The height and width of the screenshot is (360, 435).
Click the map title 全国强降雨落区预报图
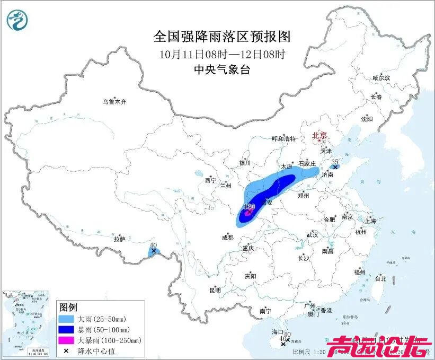(222, 37)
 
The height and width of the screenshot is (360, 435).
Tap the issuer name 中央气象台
(222, 69)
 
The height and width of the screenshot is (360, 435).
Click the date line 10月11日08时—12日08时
(222, 54)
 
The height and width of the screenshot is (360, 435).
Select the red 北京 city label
(321, 135)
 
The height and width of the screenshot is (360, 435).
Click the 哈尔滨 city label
(380, 78)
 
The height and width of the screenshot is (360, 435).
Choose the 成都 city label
(228, 238)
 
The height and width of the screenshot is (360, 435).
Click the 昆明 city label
(215, 290)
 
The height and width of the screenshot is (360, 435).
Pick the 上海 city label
(370, 221)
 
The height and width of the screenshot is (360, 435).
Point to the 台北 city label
(380, 278)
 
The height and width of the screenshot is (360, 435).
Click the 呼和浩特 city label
(283, 139)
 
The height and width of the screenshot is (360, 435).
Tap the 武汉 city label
(312, 234)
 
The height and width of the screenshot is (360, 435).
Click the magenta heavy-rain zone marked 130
(248, 213)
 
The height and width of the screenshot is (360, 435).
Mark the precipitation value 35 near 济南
(334, 161)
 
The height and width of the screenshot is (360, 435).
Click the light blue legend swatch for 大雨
(67, 319)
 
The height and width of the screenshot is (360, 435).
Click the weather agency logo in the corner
(17, 20)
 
